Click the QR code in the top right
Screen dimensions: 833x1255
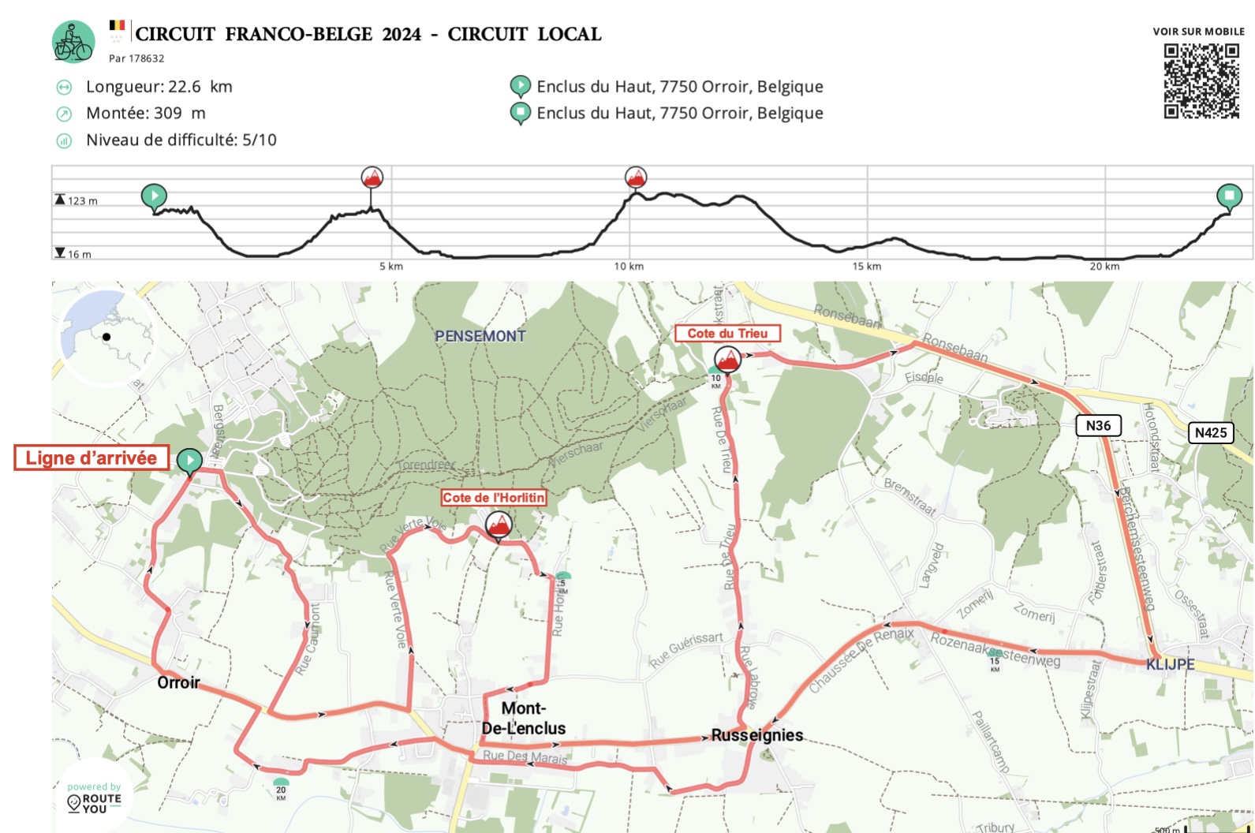tap(1201, 80)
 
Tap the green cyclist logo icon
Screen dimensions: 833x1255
tap(73, 42)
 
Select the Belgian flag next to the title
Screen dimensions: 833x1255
tap(117, 26)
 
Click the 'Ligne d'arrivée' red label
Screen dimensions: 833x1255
tap(92, 458)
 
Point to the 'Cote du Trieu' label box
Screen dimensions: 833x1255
tap(727, 334)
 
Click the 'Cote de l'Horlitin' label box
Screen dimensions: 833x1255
tap(494, 498)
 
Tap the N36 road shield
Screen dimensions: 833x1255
tap(1098, 426)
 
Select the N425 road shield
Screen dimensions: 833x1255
tap(1210, 432)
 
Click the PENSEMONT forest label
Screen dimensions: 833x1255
tap(480, 336)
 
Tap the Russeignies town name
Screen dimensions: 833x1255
tap(757, 735)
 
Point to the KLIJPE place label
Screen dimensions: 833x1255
tap(1170, 664)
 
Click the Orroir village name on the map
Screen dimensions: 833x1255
tap(179, 683)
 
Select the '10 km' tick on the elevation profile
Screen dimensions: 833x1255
tap(629, 266)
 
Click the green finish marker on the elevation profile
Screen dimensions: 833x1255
tap(1229, 196)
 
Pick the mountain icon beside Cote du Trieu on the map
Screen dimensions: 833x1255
tap(727, 360)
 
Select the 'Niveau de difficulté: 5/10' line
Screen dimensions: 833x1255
tap(181, 140)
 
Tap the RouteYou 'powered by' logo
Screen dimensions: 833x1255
tap(94, 798)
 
